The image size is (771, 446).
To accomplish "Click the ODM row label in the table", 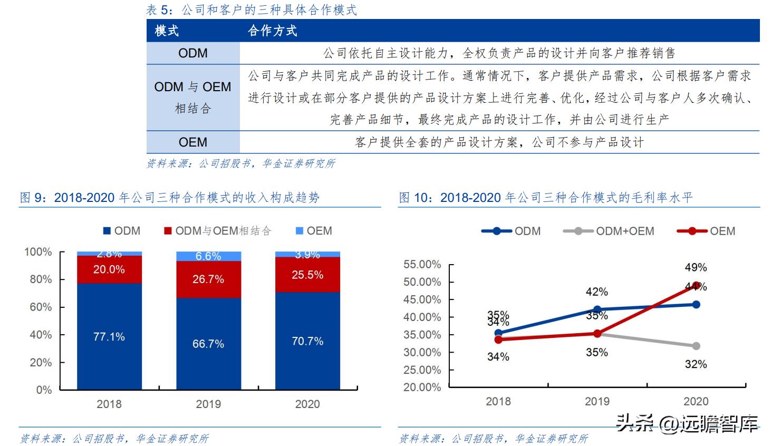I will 192,53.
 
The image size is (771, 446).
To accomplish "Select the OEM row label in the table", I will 192,142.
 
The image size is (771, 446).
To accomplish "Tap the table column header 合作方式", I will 272,31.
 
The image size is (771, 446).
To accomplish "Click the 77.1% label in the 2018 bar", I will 109,337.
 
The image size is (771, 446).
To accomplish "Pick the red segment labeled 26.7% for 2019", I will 208,279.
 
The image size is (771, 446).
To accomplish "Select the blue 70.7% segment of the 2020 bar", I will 307,341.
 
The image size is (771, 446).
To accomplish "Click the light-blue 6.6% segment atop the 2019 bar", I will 208,256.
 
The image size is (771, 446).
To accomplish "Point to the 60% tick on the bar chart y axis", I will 41,307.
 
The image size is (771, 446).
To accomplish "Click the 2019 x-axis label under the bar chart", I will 208,404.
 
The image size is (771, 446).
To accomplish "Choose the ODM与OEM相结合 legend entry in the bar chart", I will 217,231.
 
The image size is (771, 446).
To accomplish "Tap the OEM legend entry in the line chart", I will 707,231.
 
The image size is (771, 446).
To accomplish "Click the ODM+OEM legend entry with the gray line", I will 610,231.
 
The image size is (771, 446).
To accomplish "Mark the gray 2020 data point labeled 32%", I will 696,346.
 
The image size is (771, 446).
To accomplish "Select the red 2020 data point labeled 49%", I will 696,285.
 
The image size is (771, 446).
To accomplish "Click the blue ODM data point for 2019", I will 597,309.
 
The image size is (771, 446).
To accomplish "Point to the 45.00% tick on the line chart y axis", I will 422,299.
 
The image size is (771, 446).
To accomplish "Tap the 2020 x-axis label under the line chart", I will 696,401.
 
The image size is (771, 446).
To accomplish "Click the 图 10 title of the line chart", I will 545,198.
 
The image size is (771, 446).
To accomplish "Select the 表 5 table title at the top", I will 252,10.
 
